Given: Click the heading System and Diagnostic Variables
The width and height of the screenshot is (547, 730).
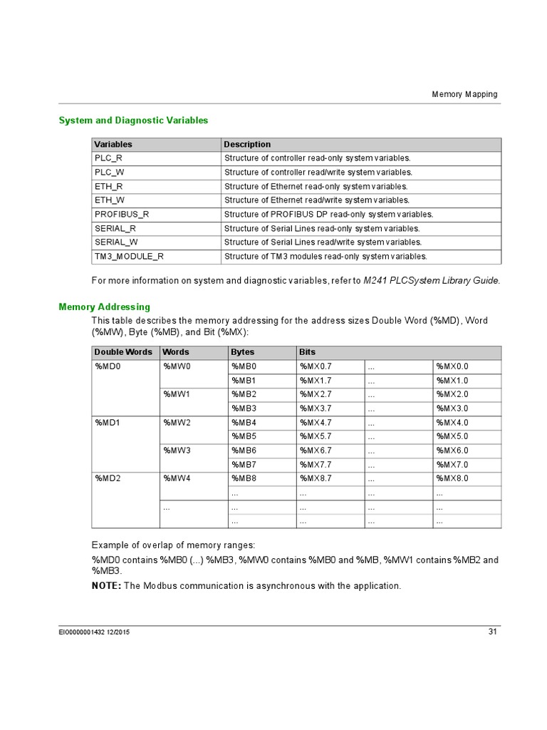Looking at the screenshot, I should pos(133,120).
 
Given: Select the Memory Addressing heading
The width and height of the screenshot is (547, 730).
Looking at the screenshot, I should pos(104,307).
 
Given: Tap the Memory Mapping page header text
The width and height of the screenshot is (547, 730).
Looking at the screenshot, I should pos(464,94).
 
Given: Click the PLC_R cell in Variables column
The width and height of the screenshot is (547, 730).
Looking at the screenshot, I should pos(108,158).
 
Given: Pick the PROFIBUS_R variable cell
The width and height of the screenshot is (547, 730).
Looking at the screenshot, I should pos(122,215).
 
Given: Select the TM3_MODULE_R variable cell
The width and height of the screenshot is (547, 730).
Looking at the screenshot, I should pos(129,257).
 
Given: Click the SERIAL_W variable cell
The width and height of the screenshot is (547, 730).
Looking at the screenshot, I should pos(116,242).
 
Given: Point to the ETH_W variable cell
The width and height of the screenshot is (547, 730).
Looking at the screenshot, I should pos(108,200).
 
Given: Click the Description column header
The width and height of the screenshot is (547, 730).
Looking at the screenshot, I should pos(247,145).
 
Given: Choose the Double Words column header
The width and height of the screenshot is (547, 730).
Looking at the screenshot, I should pos(123,352).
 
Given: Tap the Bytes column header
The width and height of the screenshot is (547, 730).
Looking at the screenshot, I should pos(243,352).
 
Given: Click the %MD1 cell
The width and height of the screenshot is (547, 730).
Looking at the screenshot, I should pos(108,423).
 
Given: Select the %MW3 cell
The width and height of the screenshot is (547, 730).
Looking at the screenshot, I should pos(177,451).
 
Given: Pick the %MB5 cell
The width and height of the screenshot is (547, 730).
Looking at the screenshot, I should pos(244,436).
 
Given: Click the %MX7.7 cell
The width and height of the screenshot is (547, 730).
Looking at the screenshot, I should pos(316,465).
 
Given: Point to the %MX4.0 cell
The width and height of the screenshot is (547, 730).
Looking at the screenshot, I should pos(452,423).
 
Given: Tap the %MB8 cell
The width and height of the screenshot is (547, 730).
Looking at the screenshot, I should pos(244,478).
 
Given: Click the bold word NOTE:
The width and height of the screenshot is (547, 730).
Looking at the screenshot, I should pos(107,586).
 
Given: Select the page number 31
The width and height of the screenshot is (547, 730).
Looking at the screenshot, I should pos(492,632).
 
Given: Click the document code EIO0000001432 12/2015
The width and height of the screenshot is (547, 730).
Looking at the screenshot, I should pos(94,632).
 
